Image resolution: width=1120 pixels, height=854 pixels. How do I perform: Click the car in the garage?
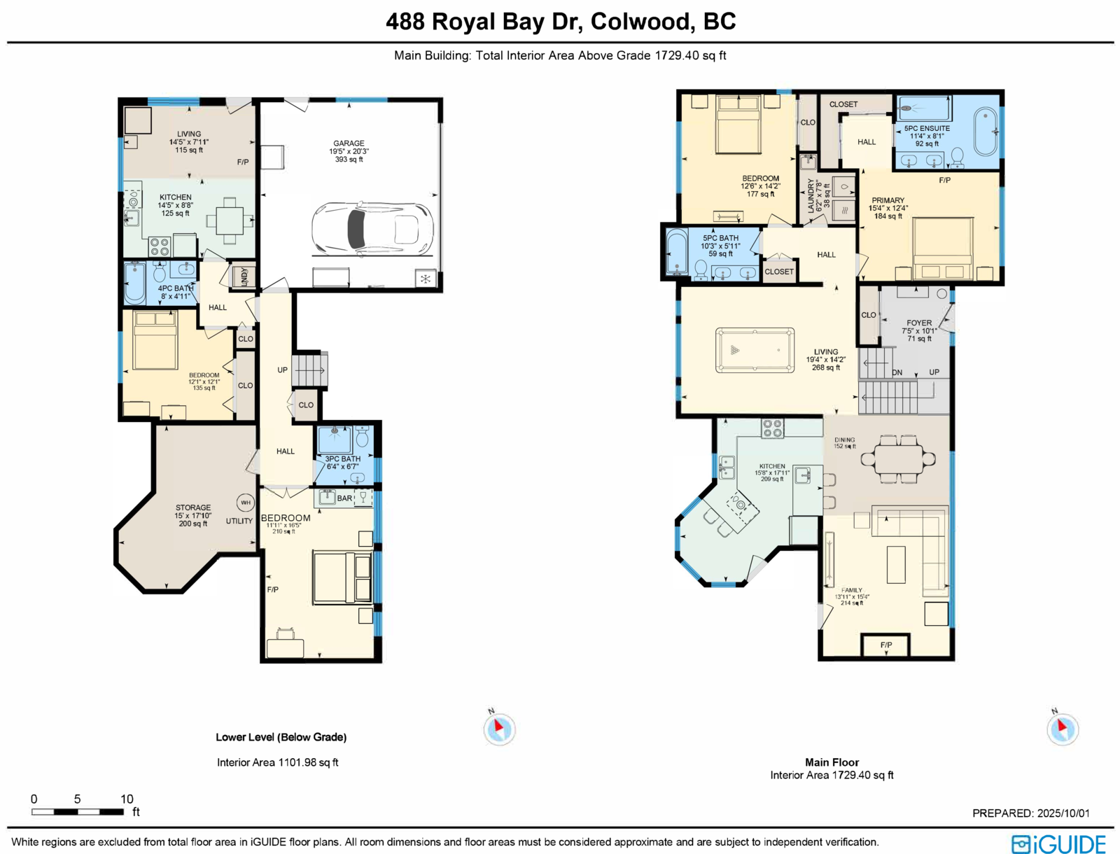[372, 228]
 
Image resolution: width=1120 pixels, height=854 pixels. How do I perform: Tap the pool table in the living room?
[755, 350]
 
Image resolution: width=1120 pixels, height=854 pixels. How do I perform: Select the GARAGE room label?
[349, 143]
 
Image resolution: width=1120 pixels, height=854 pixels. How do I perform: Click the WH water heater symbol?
[245, 503]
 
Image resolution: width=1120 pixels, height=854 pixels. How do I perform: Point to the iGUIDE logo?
[1058, 844]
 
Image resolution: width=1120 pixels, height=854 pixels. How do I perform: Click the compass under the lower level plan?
[499, 729]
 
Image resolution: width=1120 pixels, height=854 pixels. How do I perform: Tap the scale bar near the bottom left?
[78, 812]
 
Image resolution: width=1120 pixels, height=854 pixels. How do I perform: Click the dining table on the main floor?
[898, 459]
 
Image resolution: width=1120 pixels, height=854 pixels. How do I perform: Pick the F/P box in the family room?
[886, 645]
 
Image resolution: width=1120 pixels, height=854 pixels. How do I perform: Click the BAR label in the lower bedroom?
[345, 498]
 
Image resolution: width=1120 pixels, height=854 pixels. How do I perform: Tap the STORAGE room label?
[193, 507]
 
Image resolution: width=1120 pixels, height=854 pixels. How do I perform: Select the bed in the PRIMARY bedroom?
[943, 248]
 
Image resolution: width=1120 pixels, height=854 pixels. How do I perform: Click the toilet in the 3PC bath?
[363, 437]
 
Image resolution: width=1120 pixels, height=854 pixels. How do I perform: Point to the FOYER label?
[919, 323]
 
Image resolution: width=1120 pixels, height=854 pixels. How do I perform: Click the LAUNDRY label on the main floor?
[811, 195]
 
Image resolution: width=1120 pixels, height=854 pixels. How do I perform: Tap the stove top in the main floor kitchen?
[772, 428]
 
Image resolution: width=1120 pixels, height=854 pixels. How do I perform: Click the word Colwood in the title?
[640, 22]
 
